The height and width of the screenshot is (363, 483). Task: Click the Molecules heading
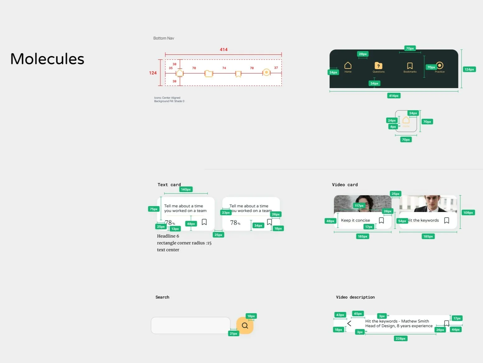pos(47,59)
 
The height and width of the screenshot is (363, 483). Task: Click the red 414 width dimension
pos(223,49)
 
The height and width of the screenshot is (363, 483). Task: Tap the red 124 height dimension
pos(153,73)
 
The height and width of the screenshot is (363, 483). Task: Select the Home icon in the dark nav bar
pos(348,65)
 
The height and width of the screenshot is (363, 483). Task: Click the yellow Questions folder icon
pos(378,66)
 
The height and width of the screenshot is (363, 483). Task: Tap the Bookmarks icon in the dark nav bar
pos(410,66)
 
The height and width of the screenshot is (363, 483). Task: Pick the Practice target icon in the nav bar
pos(439,65)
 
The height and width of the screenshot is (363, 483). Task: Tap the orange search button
pos(245,325)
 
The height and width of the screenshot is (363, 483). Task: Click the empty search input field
pos(191,325)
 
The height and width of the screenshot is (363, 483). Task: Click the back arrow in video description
pos(349,323)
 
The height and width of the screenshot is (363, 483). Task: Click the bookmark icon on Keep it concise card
pos(381,220)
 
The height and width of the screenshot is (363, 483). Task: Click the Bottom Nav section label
pos(163,38)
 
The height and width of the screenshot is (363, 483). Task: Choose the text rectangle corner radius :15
pos(184,243)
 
